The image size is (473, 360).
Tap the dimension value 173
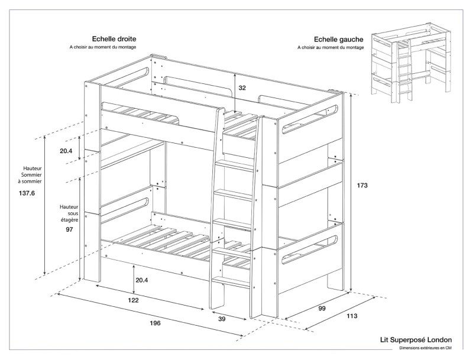click(362, 186)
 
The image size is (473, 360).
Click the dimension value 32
click(242, 87)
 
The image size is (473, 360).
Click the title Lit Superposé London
click(416, 340)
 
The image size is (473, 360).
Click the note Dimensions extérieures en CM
click(425, 349)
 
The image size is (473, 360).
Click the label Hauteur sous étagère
click(69, 213)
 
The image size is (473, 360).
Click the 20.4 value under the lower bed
click(141, 280)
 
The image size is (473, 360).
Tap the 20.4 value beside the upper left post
click(66, 151)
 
